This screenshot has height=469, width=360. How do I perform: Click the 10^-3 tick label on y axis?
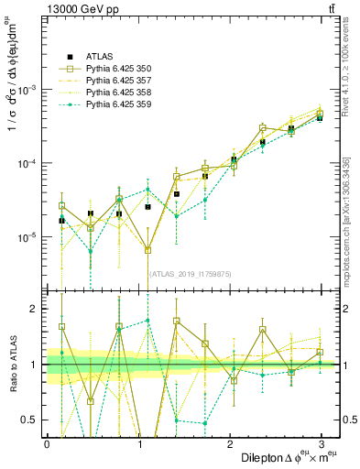[26, 90]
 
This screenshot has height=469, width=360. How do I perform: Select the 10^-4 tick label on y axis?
[26, 164]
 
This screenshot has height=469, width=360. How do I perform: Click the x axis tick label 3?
[321, 443]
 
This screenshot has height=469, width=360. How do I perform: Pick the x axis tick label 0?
[47, 443]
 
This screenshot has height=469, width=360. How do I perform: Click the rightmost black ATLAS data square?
[320, 118]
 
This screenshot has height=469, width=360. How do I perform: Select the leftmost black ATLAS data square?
[61, 221]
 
